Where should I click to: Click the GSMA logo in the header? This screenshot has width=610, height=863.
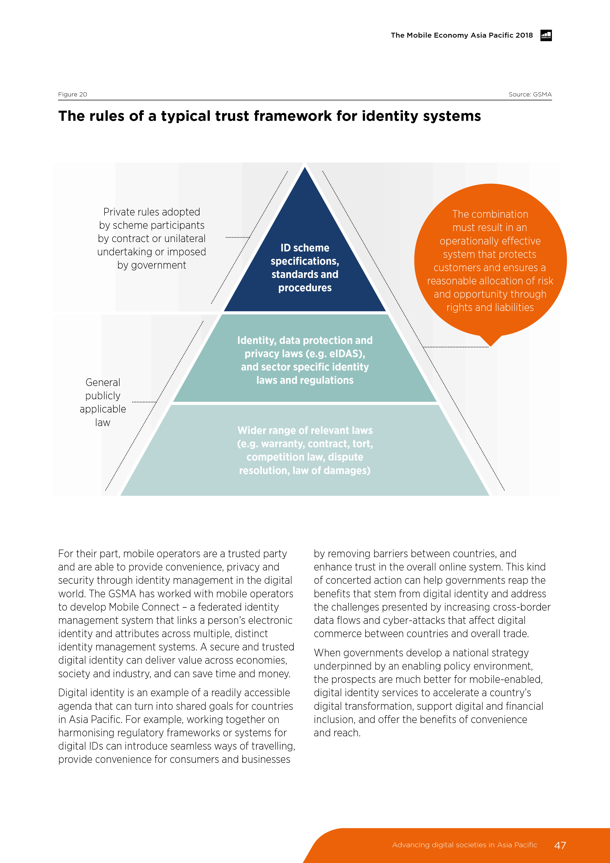click(x=546, y=35)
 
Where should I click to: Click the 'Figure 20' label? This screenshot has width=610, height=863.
click(x=73, y=94)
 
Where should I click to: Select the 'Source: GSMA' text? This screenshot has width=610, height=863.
click(x=530, y=94)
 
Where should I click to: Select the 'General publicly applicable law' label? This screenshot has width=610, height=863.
click(x=103, y=402)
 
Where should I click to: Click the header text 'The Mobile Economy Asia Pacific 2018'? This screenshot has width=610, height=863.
click(x=461, y=35)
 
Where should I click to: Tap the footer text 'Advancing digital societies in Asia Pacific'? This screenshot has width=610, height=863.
click(x=465, y=845)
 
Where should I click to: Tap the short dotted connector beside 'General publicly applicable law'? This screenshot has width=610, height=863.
click(x=144, y=402)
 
